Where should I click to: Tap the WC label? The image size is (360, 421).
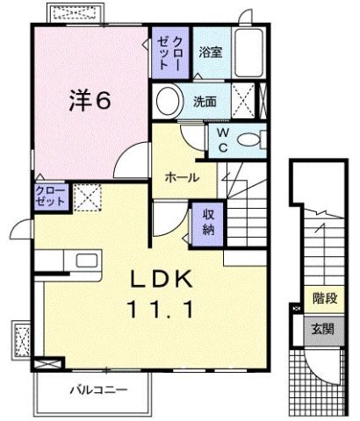(x=223, y=139)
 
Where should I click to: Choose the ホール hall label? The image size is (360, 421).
(x=181, y=176)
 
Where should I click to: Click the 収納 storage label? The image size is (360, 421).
(x=208, y=221)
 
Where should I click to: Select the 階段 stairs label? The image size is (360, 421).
(x=325, y=300)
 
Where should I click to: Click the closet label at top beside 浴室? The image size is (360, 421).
(x=169, y=54)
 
